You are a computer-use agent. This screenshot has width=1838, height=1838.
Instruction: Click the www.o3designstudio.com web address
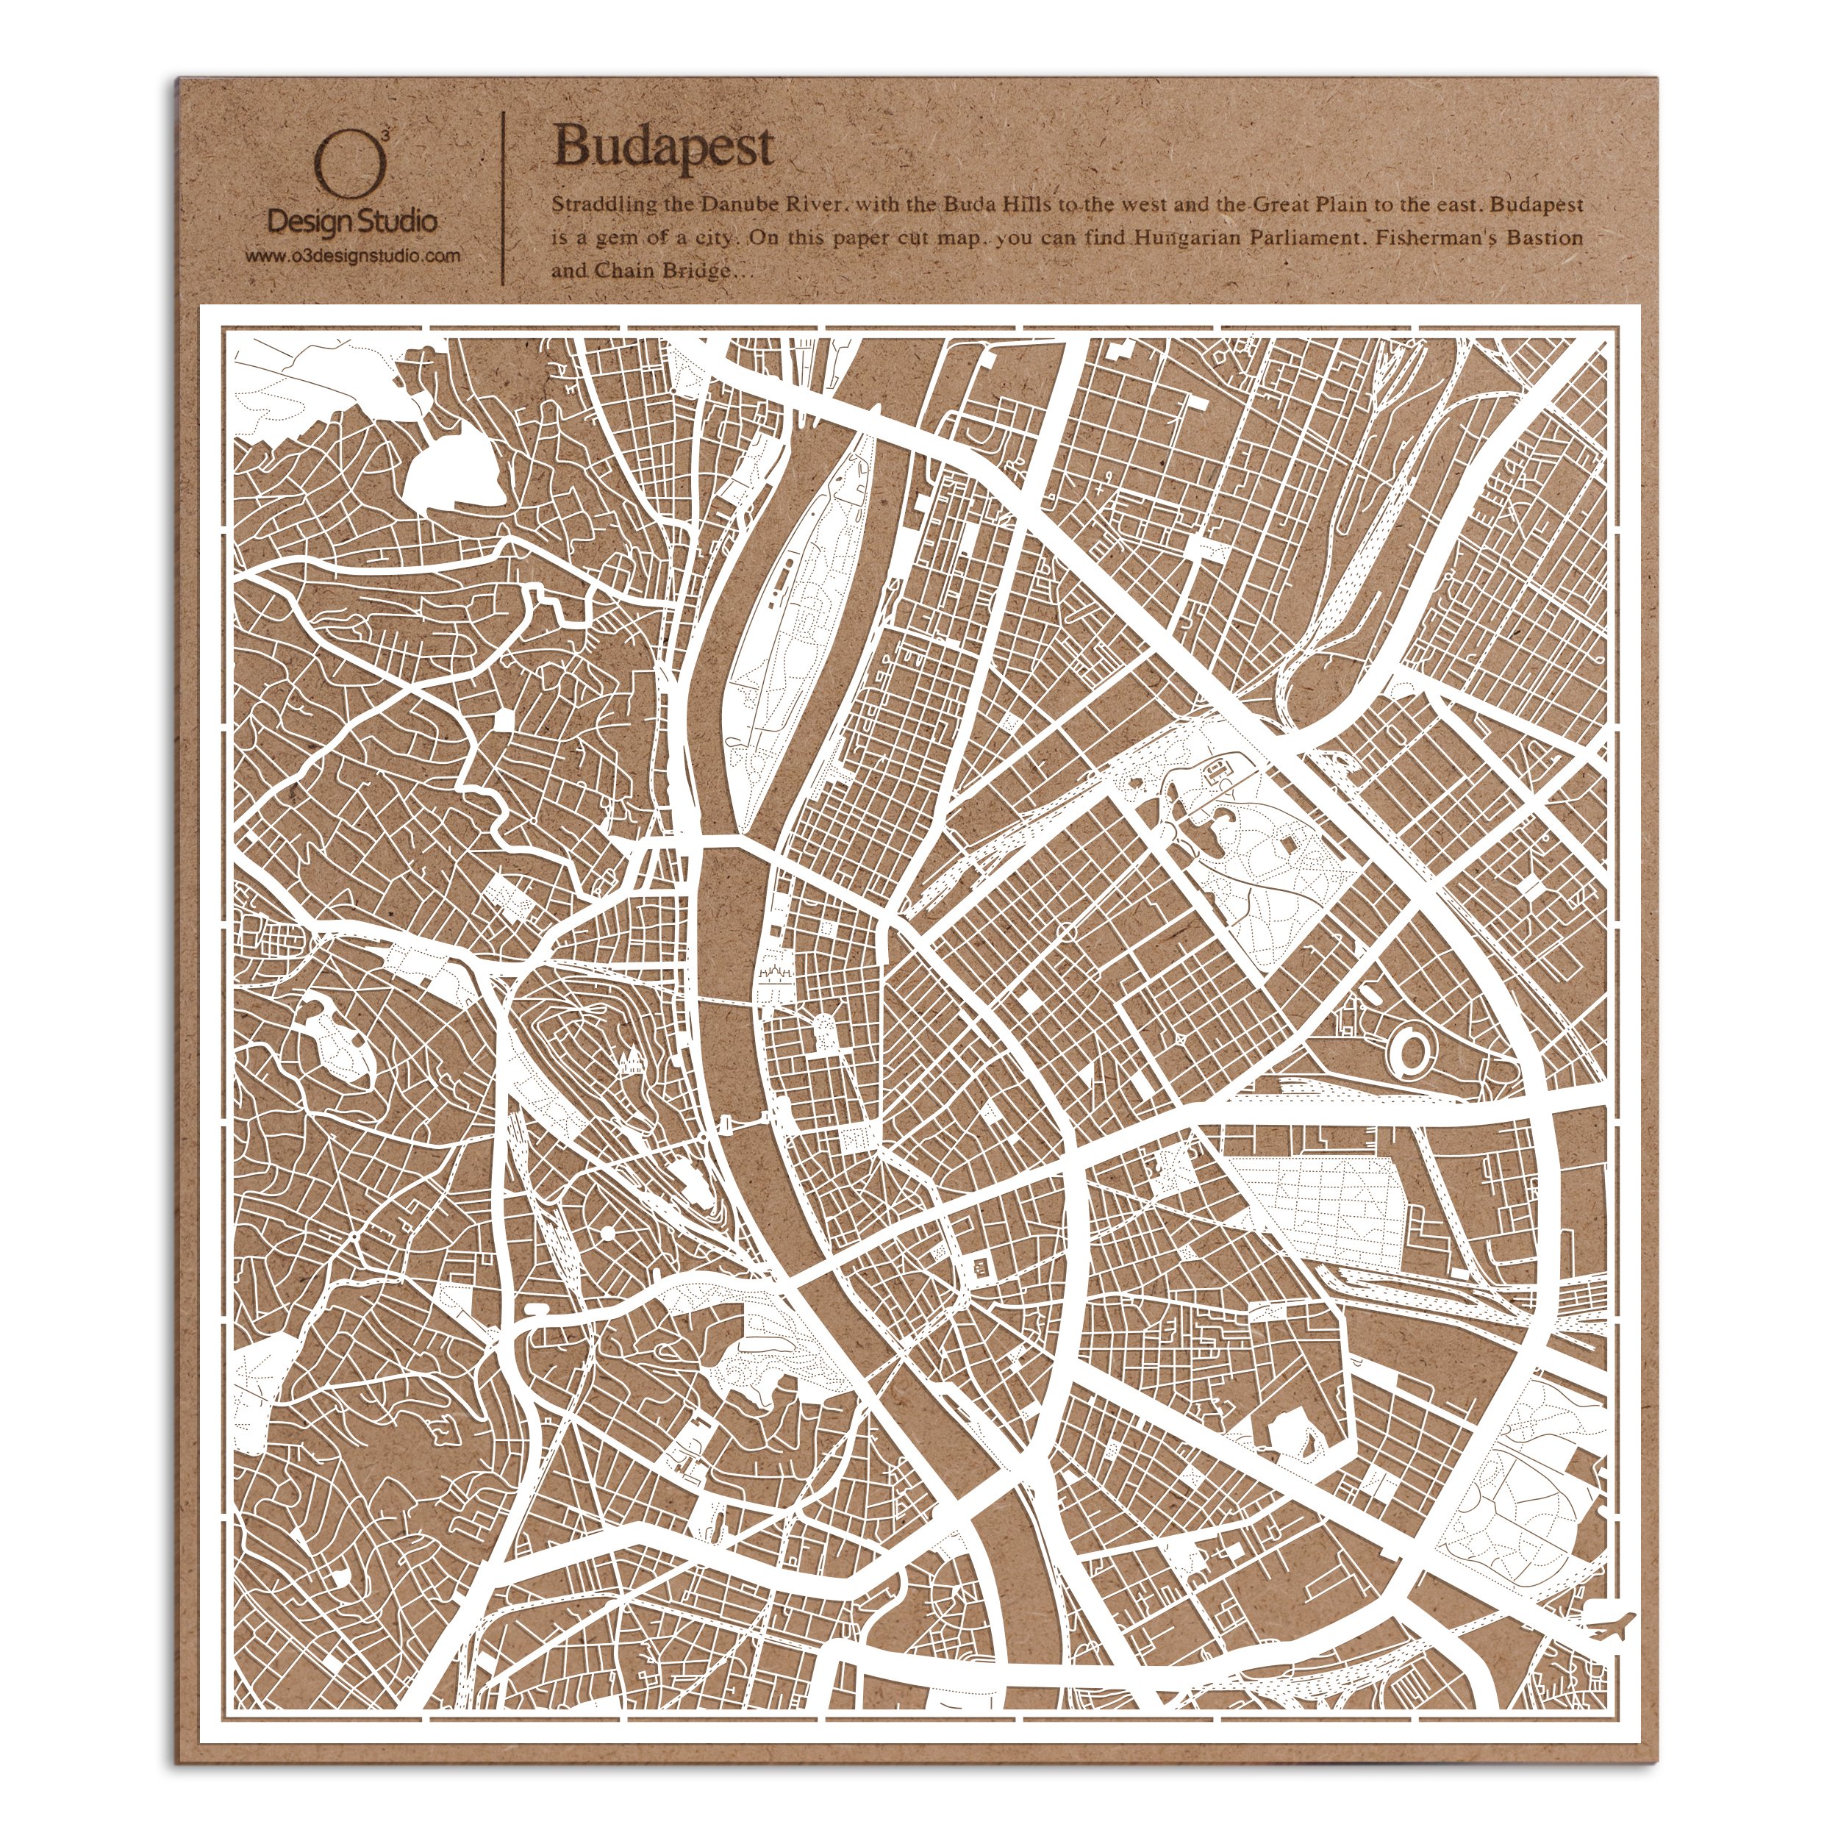(x=353, y=255)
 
